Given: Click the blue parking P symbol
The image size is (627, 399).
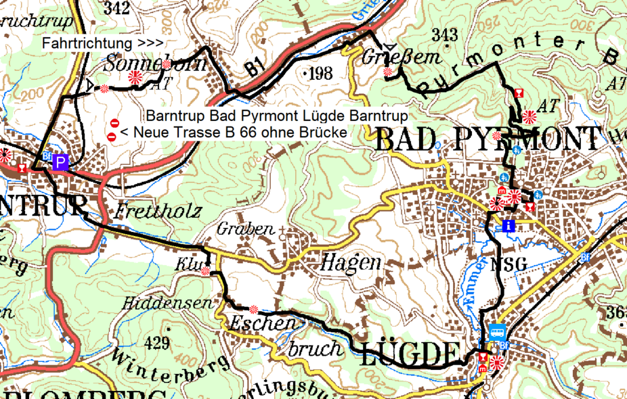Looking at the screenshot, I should tap(61, 162).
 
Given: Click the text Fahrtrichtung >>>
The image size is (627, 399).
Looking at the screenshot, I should tap(102, 42).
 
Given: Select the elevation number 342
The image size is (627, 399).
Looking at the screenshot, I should tap(117, 8).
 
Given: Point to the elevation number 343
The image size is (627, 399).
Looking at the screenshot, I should tap(444, 35).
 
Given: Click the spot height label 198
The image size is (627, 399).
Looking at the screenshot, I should tap(319, 74).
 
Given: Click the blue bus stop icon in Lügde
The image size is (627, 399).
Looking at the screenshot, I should tap(497, 333).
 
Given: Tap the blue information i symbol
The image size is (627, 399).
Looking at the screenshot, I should tap(509, 225).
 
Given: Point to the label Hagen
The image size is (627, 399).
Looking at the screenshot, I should tap(351, 262).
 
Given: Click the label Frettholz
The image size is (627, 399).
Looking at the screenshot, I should tap(158, 211).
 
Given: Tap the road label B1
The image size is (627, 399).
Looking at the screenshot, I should tap(253, 68).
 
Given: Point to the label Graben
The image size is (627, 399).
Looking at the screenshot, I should tap(245, 230).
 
